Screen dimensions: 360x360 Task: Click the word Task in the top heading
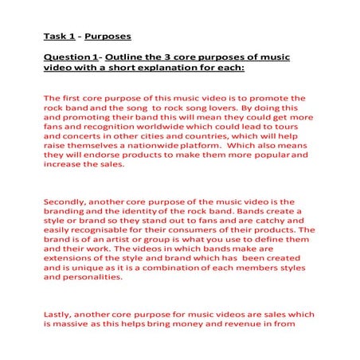[53, 36]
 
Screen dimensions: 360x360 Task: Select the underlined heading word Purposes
[108, 36]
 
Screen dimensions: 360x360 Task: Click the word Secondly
[68, 203]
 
